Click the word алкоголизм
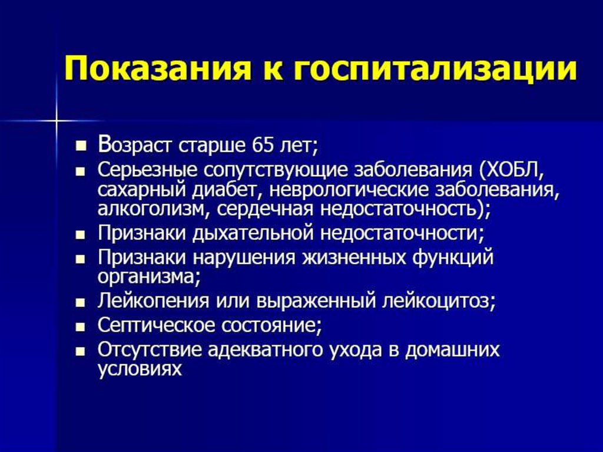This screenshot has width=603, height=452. (x=154, y=209)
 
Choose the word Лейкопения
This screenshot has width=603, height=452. (x=154, y=302)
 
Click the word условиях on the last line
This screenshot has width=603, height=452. (x=140, y=369)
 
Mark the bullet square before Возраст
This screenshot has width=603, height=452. (x=80, y=146)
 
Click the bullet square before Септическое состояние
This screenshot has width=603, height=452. (x=80, y=327)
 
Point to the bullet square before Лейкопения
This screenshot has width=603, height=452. (x=80, y=303)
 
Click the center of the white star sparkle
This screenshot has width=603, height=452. (x=56, y=121)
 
